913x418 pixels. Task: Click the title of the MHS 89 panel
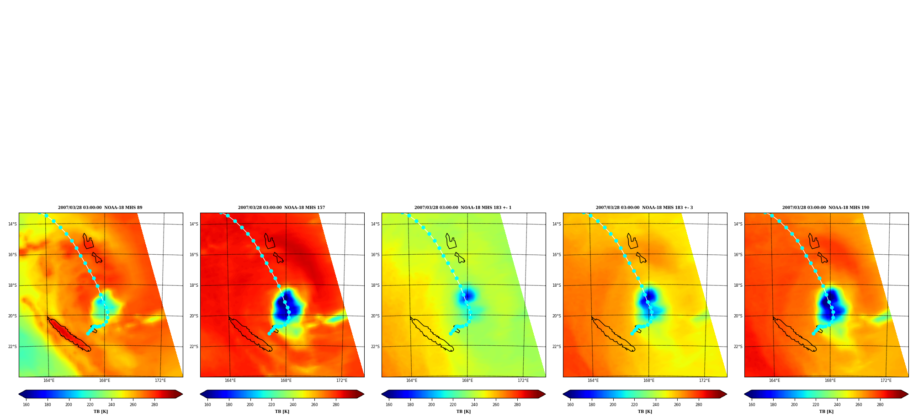point(100,208)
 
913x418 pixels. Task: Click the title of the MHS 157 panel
point(281,208)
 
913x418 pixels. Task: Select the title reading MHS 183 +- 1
point(463,208)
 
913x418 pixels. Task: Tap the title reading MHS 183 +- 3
point(644,208)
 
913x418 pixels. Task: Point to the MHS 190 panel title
point(826,208)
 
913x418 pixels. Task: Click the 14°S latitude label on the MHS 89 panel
point(12,224)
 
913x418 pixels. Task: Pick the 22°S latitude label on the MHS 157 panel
point(194,347)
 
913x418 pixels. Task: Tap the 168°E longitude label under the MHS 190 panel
point(830,380)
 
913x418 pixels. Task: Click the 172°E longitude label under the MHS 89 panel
point(160,380)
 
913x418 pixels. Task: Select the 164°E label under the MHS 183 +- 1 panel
point(412,380)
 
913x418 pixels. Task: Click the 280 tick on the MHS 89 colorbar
point(154,405)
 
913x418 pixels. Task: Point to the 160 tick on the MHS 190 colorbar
point(752,405)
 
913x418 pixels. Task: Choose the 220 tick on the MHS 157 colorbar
point(271,405)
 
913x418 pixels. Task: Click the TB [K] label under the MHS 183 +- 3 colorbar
point(645,412)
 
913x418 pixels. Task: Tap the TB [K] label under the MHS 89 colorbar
point(101,412)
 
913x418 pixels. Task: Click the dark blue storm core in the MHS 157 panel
point(288,305)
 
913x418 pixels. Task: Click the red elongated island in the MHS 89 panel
point(69,334)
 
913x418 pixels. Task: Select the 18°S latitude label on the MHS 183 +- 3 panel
point(557,285)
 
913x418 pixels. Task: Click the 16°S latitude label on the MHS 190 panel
point(738,255)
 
